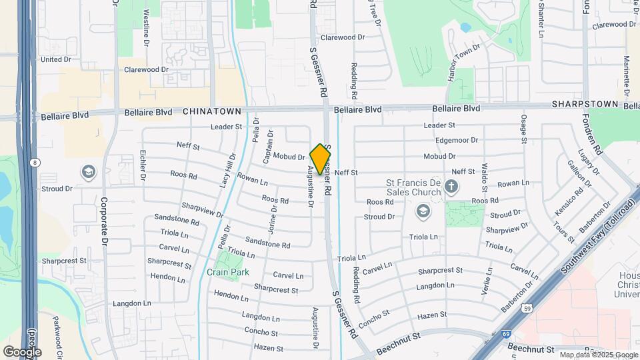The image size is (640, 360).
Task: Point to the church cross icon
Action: (451, 187)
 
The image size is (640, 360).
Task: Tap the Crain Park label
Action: (228, 272)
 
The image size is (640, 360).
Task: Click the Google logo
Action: (22, 351)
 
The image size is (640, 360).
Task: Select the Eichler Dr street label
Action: (143, 165)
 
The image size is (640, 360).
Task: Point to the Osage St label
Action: (524, 128)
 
